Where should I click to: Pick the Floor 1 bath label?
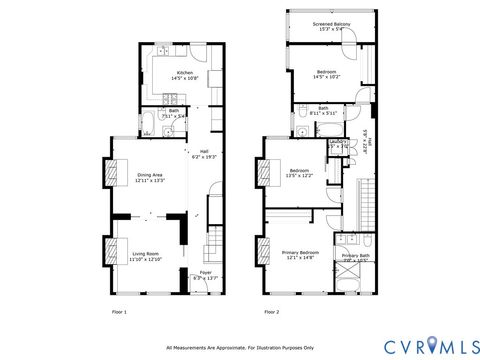pos(173,113)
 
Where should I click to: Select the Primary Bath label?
pos(355,257)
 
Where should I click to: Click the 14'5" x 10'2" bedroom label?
pos(327,75)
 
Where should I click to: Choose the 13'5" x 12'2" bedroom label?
pos(299,173)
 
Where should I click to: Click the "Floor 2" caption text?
pos(272,313)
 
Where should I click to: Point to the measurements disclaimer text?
pos(240,348)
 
